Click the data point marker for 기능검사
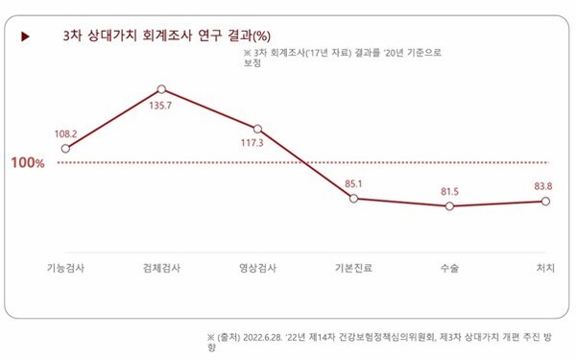pyautogui.click(x=65, y=149)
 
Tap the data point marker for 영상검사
pyautogui.click(x=257, y=129)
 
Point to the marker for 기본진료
pyautogui.click(x=353, y=198)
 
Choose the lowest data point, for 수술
pyautogui.click(x=449, y=206)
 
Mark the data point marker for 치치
pyautogui.click(x=545, y=202)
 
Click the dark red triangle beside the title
pyautogui.click(x=25, y=36)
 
